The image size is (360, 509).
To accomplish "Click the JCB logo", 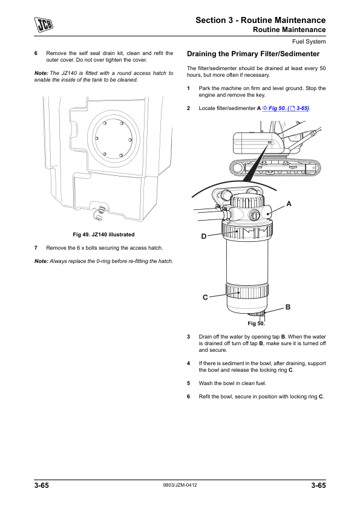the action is click(x=44, y=25).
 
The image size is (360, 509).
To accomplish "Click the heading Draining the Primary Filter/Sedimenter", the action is click(x=253, y=54).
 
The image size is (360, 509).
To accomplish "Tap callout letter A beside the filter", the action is click(x=289, y=204).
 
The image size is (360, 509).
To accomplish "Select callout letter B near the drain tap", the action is click(x=288, y=306).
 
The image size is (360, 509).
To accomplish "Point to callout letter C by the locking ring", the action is click(x=205, y=297).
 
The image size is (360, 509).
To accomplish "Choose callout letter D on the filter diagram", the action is click(x=204, y=236).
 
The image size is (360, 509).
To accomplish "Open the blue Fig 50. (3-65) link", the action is click(x=286, y=108).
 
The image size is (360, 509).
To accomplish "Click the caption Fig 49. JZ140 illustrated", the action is click(x=103, y=235).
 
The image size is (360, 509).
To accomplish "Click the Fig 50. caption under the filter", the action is click(x=256, y=323).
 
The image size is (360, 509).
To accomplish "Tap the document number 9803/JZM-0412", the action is click(x=180, y=485).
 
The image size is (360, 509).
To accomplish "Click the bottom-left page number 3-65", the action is click(x=42, y=485).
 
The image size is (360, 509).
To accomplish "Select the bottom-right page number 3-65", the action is click(x=318, y=485).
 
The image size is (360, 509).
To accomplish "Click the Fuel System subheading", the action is click(x=309, y=42).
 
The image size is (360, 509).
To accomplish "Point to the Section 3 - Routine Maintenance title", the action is click(x=261, y=20).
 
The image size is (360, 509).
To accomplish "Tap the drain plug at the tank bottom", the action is click(x=99, y=213).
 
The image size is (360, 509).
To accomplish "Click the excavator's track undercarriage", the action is click(x=275, y=168).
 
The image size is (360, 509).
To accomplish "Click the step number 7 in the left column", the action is click(x=36, y=248).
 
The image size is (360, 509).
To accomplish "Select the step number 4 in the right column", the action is click(x=188, y=363).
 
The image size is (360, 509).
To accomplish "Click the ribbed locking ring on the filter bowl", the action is click(x=247, y=290).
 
